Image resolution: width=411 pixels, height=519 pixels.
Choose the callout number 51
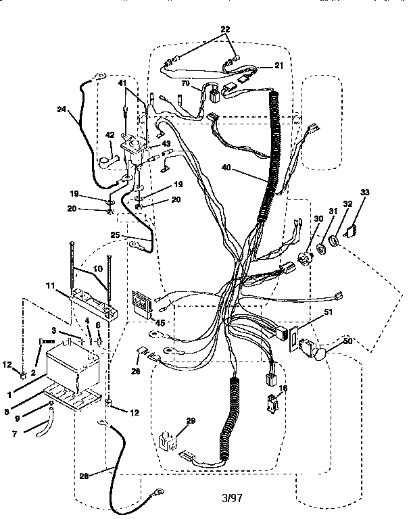(x=329, y=312)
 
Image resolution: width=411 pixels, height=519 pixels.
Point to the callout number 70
(x=185, y=83)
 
